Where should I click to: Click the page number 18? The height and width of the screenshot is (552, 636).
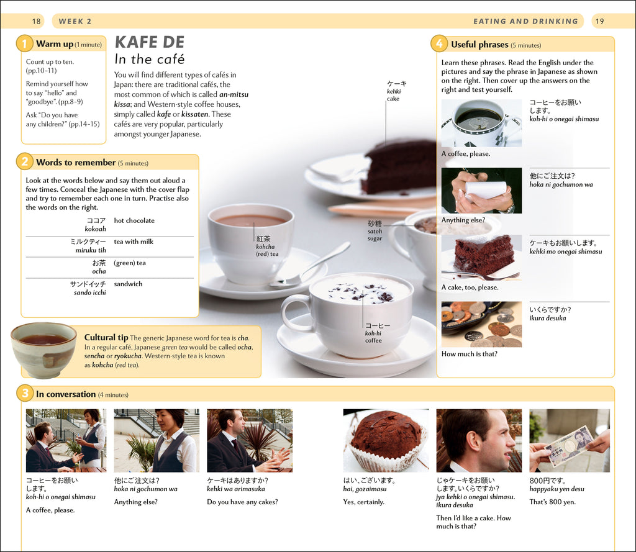tap(36, 21)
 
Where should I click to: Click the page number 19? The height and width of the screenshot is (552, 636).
tap(599, 21)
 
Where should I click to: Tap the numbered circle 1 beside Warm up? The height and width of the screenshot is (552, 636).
tap(24, 43)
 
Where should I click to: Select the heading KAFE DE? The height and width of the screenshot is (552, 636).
tap(150, 42)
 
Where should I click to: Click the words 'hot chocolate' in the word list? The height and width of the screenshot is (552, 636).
tap(134, 220)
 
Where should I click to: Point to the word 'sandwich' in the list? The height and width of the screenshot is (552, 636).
tap(128, 284)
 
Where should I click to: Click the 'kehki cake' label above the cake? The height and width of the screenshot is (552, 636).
tap(394, 91)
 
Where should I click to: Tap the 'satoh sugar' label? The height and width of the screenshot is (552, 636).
tap(375, 231)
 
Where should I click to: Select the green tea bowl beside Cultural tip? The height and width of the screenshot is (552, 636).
tap(43, 350)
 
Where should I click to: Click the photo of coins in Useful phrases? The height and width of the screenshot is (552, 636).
tap(481, 325)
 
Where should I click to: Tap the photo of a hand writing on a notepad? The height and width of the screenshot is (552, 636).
tap(481, 191)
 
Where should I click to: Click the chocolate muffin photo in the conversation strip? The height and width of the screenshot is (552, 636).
tap(386, 440)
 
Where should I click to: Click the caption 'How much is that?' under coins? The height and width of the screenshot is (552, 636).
tap(470, 354)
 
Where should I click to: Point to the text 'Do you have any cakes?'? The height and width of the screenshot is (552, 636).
tap(243, 502)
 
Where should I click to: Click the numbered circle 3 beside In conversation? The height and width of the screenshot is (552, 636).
tap(25, 393)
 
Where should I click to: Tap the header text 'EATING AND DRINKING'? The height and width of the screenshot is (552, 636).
tap(525, 21)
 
